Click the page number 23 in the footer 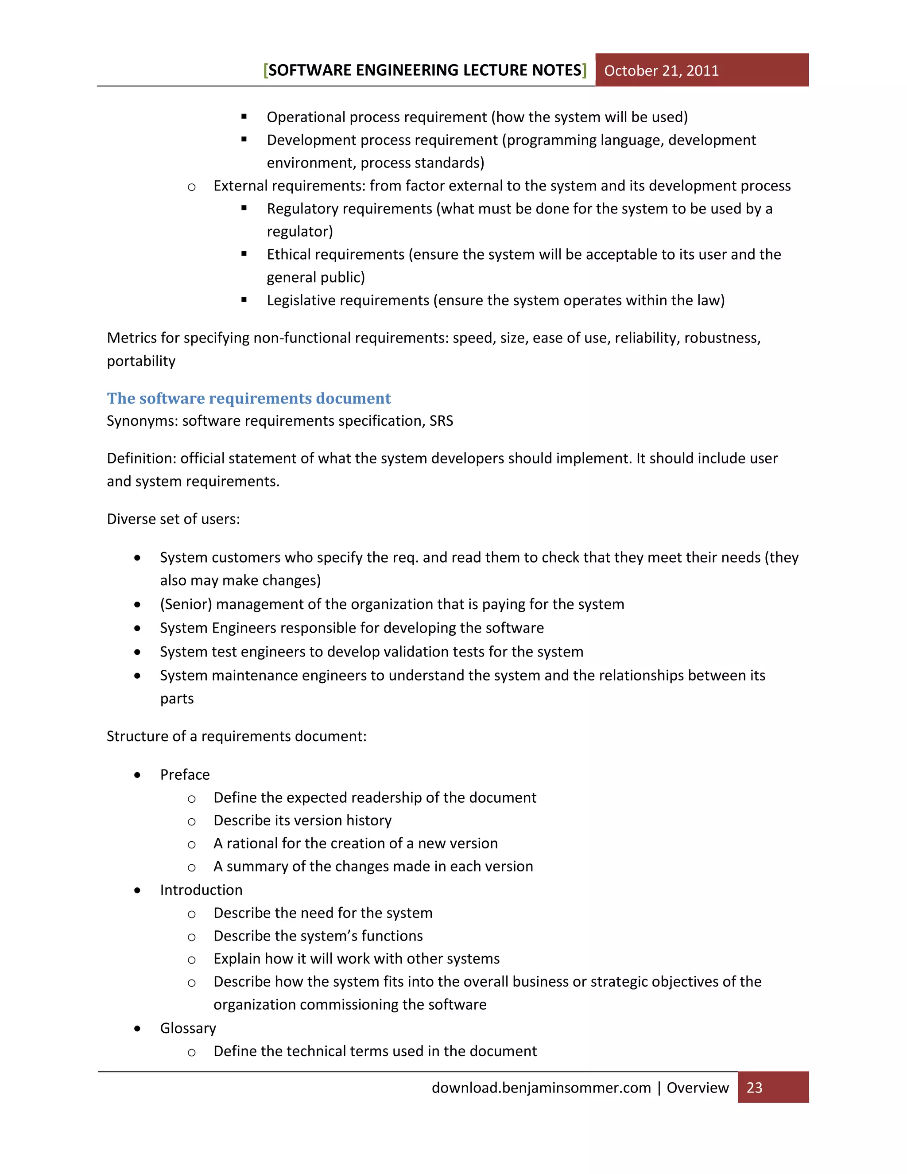(754, 1088)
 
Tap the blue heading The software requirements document (249, 398)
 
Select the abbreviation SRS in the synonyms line (441, 421)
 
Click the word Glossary (188, 1028)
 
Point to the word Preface (185, 774)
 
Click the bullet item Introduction (201, 890)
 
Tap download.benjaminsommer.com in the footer (541, 1088)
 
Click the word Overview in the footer (698, 1088)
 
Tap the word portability (141, 361)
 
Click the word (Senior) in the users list (186, 604)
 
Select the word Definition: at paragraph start (141, 459)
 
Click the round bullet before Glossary (138, 1029)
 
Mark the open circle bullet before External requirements (191, 187)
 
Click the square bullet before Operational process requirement (244, 117)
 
